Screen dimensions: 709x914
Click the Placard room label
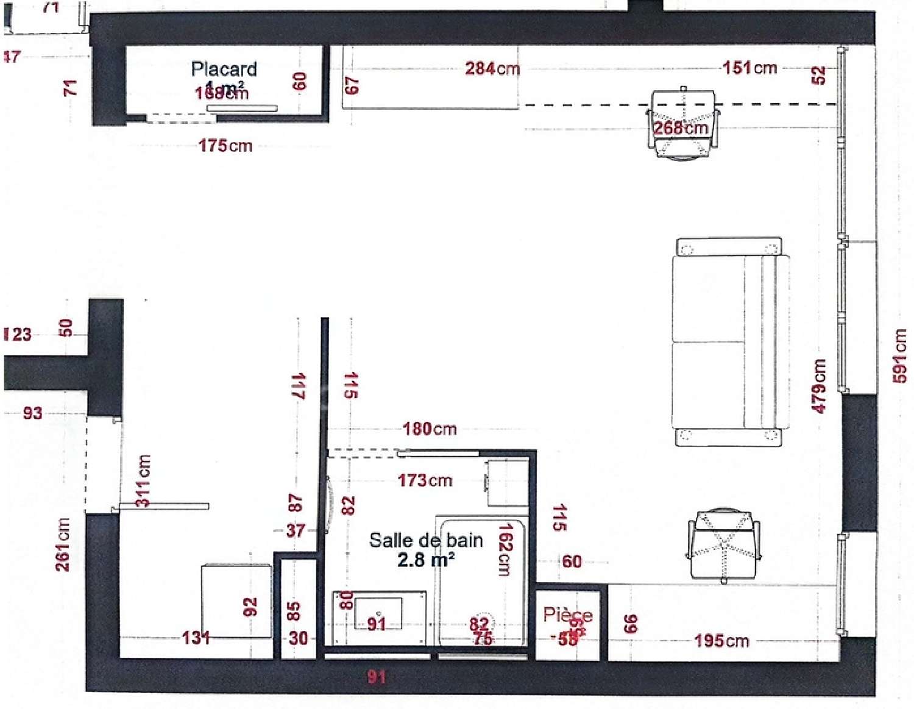[x=224, y=69]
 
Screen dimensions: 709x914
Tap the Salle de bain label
[x=426, y=540]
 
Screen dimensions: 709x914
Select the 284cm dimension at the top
[x=492, y=68]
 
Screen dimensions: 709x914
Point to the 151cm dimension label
[x=749, y=68]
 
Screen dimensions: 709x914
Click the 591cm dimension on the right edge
[x=899, y=355]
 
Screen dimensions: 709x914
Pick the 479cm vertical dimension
[x=820, y=386]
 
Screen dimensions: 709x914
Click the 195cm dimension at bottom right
[x=721, y=641]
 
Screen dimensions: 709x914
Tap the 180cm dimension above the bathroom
[x=429, y=429]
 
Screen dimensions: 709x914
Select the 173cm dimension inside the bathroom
[x=425, y=480]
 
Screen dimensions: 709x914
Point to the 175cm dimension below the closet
[x=225, y=146]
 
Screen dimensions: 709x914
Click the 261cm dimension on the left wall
[x=63, y=544]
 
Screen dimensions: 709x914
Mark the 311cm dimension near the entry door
[x=143, y=480]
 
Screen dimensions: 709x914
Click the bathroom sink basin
[x=378, y=613]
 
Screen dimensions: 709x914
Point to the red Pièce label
[x=567, y=615]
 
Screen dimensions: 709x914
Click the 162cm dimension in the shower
[x=505, y=549]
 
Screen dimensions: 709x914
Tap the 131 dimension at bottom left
[x=196, y=638]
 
